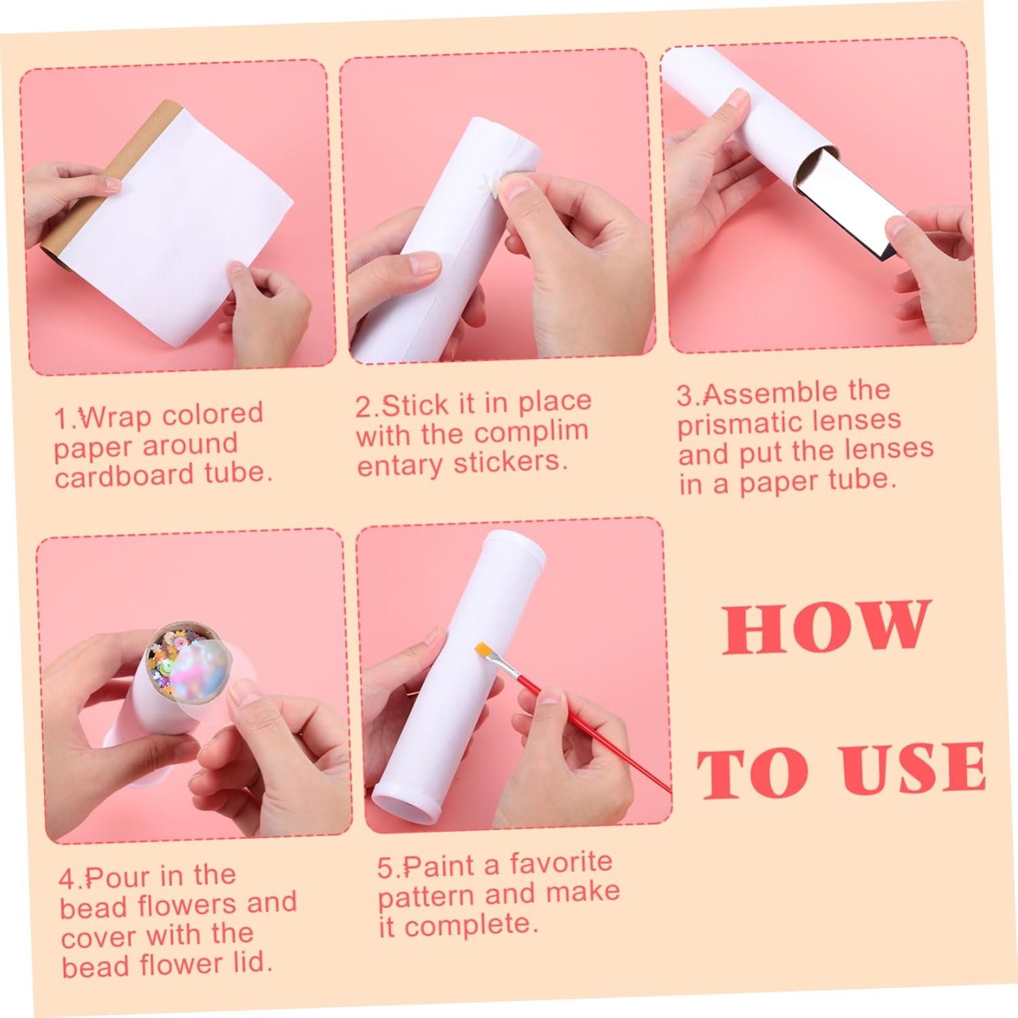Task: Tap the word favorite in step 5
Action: tap(561, 863)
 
